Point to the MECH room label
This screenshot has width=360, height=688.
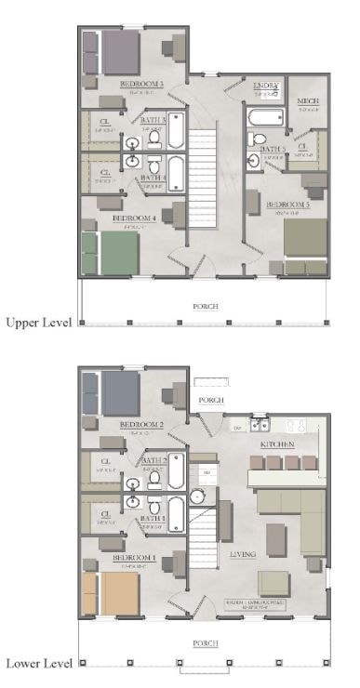pyautogui.click(x=308, y=100)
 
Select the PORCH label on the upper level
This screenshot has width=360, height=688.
pyautogui.click(x=205, y=305)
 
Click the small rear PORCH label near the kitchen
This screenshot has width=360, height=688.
pyautogui.click(x=212, y=400)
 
